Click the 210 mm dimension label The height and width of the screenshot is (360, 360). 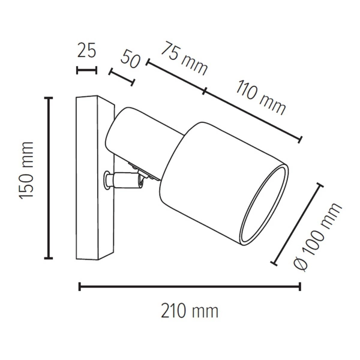[x=189, y=311]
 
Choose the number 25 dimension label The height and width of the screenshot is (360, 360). [x=87, y=50]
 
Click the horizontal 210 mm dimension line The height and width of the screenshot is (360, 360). [x=189, y=287]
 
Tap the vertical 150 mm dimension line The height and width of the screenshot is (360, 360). [x=49, y=178]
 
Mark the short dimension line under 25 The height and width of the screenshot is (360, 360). [x=87, y=70]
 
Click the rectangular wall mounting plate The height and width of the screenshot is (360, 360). [x=91, y=178]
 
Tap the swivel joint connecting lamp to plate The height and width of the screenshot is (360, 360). [x=123, y=178]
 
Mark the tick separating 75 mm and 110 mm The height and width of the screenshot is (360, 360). [x=205, y=91]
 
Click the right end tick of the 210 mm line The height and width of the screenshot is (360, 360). [x=300, y=287]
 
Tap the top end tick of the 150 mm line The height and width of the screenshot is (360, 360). [x=49, y=98]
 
